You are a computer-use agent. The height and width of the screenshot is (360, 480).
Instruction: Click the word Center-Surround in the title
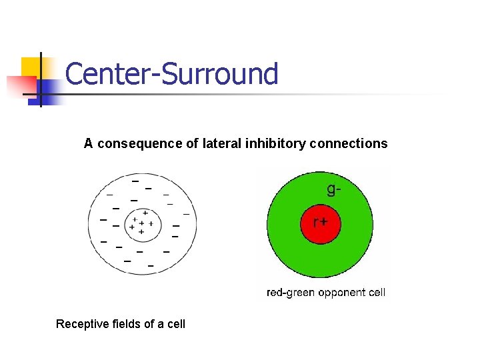(171, 74)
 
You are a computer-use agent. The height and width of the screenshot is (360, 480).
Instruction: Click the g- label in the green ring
(335, 189)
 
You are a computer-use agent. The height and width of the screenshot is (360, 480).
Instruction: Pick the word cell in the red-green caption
(376, 292)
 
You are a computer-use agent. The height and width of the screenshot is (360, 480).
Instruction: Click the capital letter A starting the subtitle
(88, 143)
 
